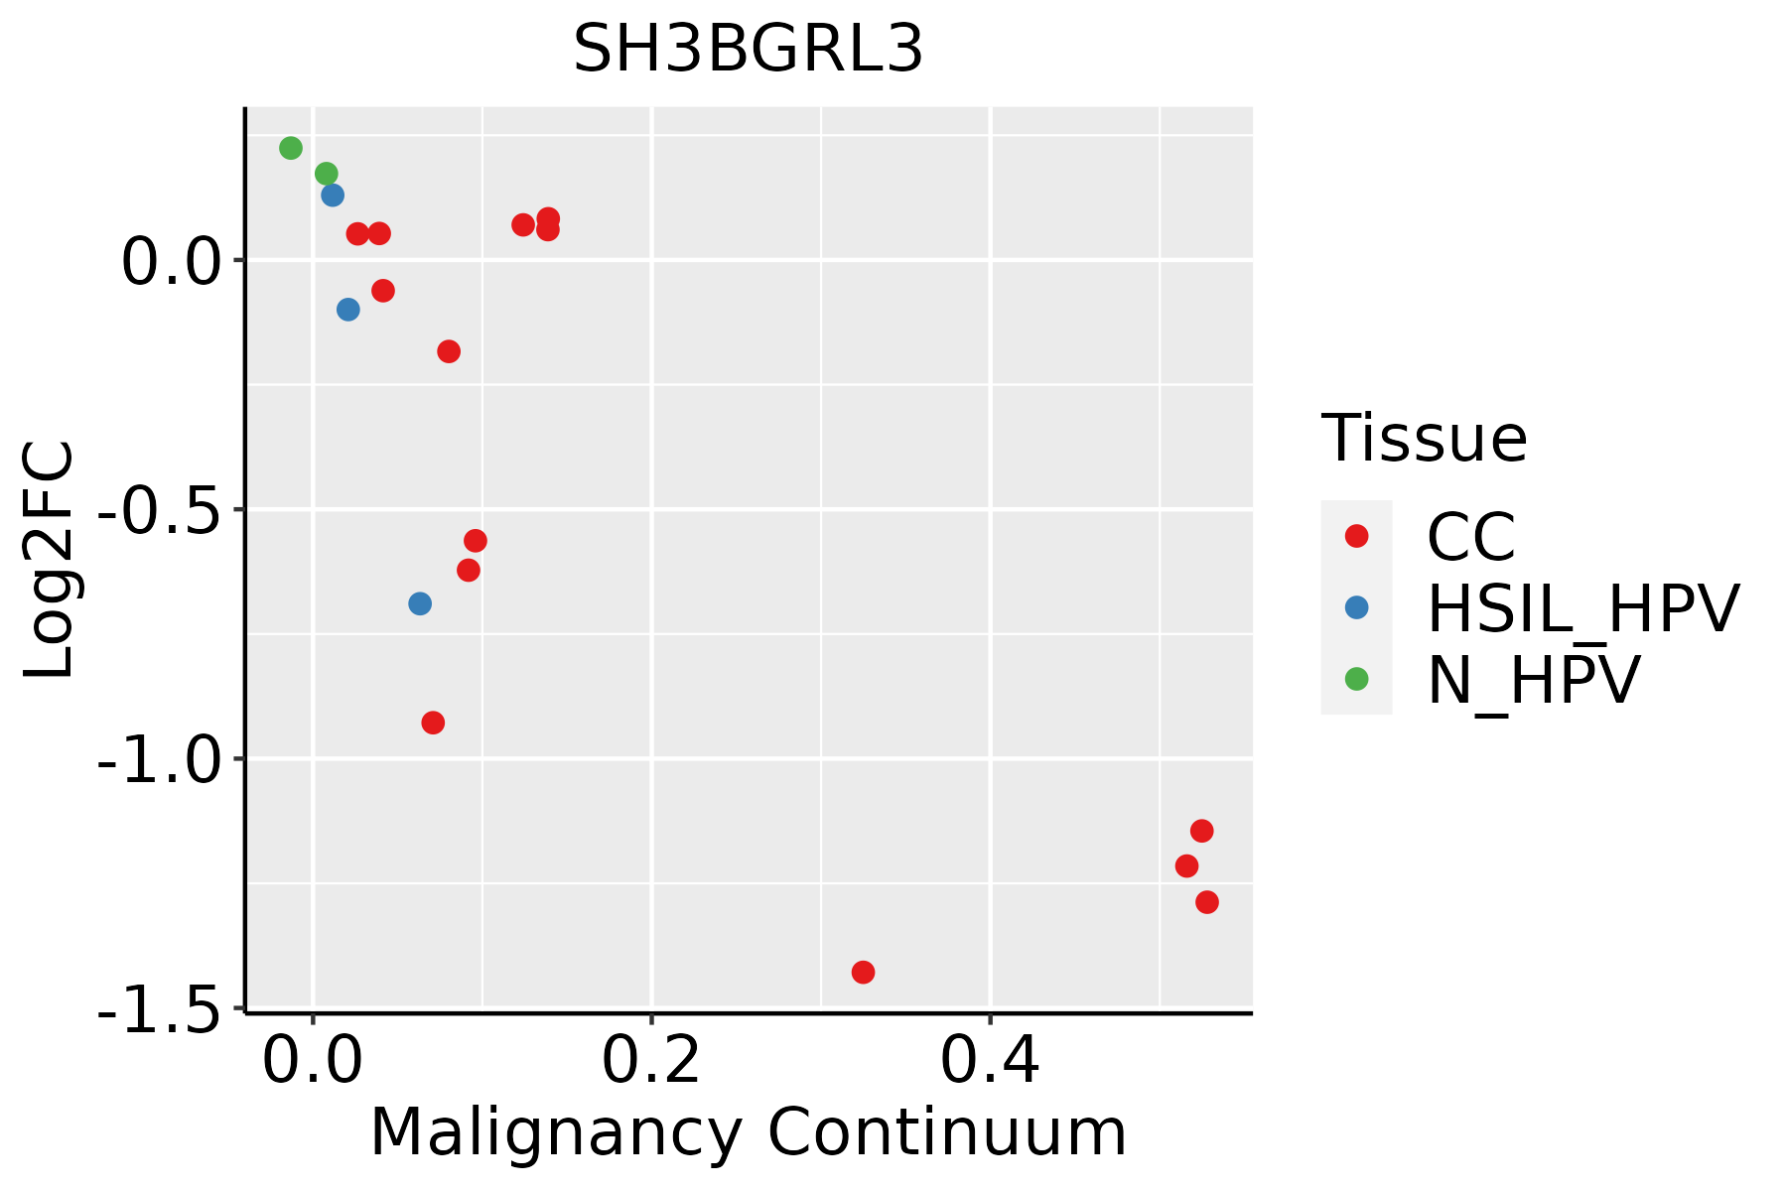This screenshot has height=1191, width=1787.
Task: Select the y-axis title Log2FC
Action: click(50, 560)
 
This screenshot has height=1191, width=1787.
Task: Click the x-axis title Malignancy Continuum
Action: click(748, 1133)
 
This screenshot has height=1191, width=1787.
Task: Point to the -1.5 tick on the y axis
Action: click(159, 1009)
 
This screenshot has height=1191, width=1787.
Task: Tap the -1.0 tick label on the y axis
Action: click(159, 760)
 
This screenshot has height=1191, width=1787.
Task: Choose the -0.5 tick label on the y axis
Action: click(159, 511)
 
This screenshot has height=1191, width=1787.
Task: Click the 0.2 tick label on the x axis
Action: click(651, 1061)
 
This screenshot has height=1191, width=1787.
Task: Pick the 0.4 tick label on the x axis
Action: click(990, 1061)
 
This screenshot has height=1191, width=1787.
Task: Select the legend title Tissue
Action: click(1424, 439)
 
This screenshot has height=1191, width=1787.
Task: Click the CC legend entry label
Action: click(1470, 537)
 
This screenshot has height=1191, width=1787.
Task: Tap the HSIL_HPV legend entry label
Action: click(1582, 608)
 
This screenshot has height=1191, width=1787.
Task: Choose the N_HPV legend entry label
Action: click(1533, 680)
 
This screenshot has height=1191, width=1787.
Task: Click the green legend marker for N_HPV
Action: click(1356, 679)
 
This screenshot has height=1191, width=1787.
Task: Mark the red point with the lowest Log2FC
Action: click(863, 972)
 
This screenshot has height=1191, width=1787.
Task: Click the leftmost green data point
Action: click(291, 148)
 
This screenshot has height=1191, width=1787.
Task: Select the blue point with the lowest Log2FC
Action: click(420, 603)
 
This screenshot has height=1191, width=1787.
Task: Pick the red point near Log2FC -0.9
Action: click(433, 723)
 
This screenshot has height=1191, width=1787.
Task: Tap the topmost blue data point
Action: click(333, 195)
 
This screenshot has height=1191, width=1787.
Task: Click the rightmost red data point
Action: click(1207, 902)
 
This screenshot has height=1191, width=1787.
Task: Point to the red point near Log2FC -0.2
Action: click(449, 351)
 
